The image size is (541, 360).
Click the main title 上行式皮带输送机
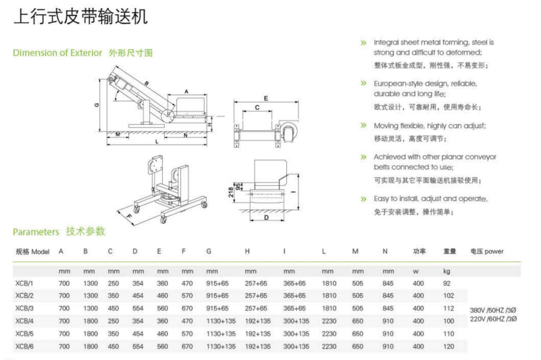80,17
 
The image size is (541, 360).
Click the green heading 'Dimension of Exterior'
57,53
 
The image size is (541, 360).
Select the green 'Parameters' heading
36,232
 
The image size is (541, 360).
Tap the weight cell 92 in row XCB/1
446,283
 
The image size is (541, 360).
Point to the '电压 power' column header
486,251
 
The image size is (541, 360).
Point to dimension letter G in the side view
97,104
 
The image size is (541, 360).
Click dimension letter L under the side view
156,142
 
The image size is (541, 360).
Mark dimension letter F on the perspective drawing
128,215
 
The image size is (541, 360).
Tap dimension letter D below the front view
267,217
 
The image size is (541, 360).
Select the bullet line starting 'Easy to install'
430,199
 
